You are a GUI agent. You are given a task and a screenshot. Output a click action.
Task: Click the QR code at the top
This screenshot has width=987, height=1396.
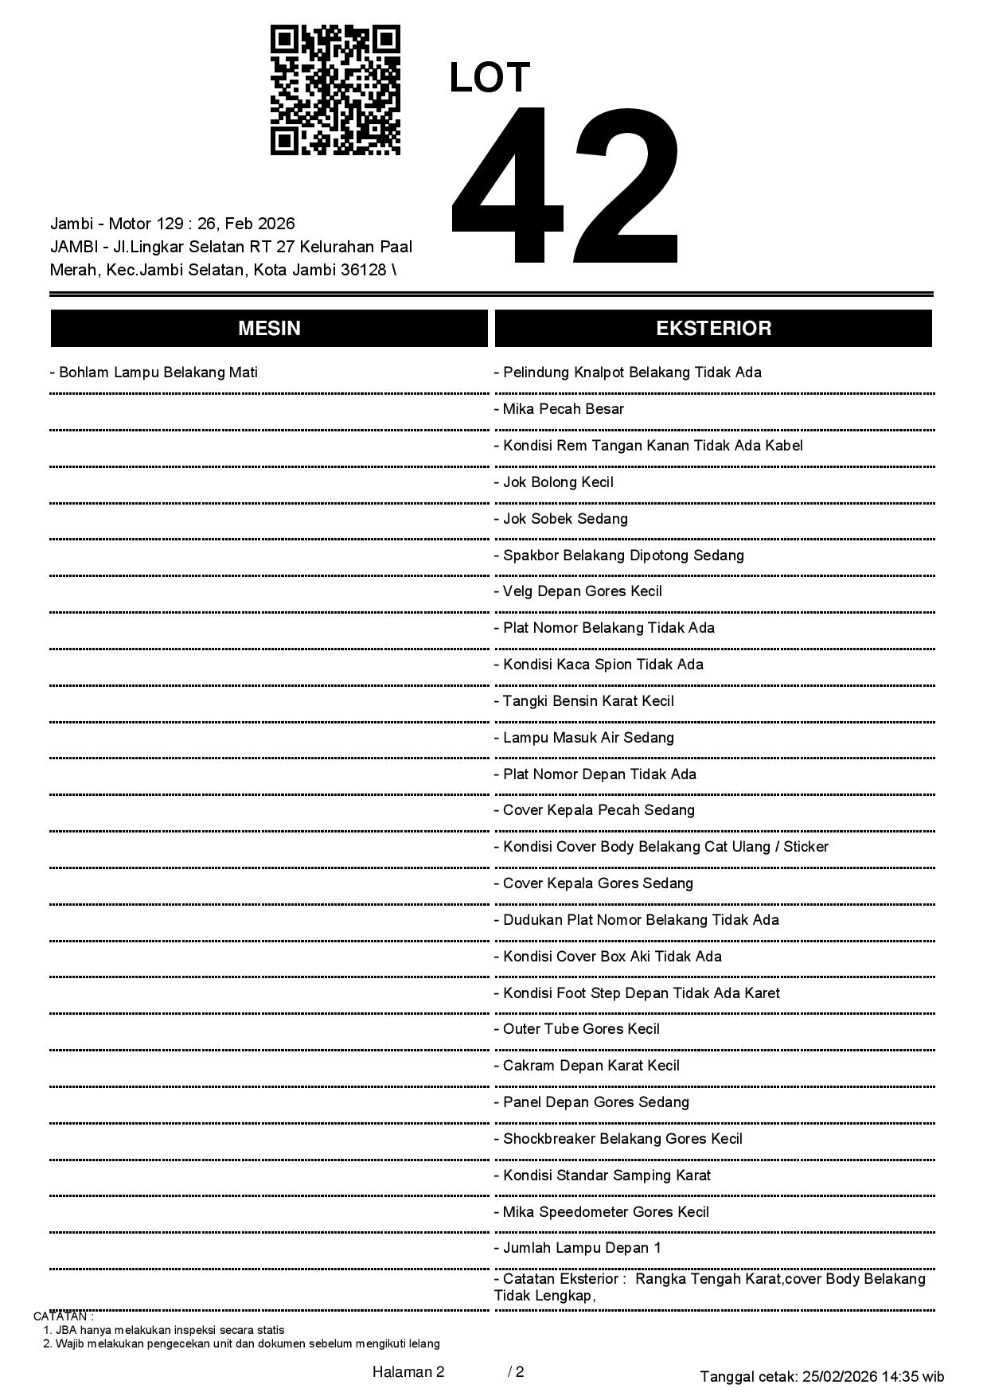(335, 90)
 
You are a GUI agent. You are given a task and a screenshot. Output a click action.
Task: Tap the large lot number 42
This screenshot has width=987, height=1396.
(565, 185)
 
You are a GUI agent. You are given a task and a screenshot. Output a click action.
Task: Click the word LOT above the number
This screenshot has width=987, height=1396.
(490, 78)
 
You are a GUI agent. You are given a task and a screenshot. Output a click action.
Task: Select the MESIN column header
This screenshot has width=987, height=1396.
(269, 329)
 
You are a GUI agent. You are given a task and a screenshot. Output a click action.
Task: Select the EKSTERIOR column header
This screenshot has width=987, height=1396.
(713, 329)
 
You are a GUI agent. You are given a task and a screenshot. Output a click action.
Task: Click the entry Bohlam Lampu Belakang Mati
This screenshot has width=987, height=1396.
(154, 372)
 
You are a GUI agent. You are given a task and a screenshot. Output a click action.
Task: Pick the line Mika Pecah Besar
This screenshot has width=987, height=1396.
(559, 409)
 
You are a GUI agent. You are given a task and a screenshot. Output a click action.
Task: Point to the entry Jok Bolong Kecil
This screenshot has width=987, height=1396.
(553, 482)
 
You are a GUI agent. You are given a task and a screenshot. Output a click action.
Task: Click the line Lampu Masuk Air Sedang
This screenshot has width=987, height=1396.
(583, 738)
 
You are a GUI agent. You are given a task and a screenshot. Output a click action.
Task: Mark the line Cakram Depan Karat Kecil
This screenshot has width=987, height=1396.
(587, 1066)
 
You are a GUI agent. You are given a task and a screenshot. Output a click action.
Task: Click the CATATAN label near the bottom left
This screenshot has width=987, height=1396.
(64, 1316)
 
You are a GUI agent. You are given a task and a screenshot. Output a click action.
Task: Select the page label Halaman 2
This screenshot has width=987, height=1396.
(408, 1371)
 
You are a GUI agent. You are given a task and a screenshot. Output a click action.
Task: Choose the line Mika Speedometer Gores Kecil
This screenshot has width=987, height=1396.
(601, 1212)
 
